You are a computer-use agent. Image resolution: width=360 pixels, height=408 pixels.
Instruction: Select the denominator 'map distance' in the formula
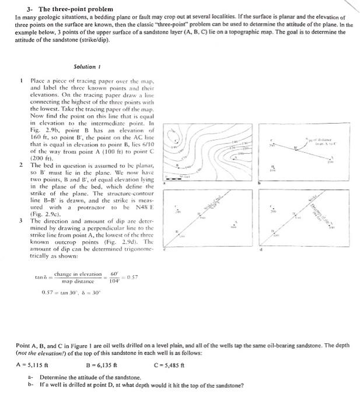point(78,281)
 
